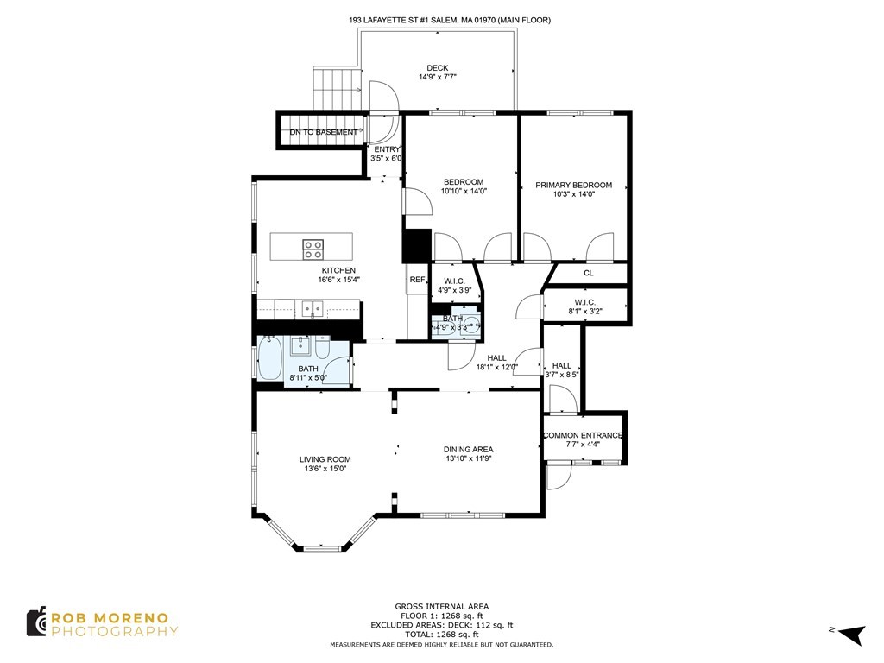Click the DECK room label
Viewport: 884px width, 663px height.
[x=437, y=68]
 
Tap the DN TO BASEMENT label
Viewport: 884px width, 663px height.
[x=323, y=132]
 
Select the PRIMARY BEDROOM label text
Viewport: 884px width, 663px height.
[x=573, y=185]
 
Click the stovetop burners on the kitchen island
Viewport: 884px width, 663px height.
[x=313, y=249]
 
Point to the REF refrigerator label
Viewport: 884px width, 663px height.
[x=417, y=280]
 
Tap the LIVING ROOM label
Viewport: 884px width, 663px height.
[x=325, y=459]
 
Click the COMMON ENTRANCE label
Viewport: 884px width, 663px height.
[x=582, y=435]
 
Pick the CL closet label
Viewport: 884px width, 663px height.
[x=588, y=274]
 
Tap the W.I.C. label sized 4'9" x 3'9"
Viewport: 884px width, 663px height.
[x=454, y=281]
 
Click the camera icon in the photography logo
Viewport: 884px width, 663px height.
[x=36, y=622]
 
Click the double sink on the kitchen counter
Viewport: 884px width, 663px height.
[x=312, y=307]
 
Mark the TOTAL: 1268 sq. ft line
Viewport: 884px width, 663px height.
[x=441, y=635]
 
